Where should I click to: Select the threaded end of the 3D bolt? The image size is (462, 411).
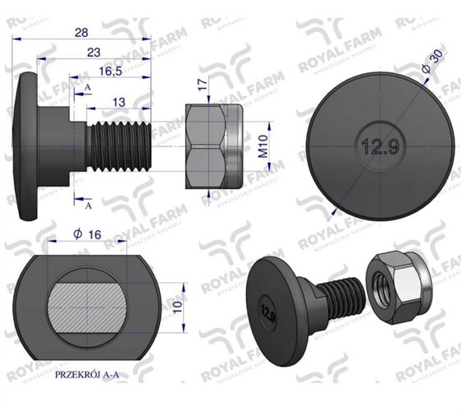click(343, 295)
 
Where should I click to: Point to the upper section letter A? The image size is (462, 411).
click(86, 86)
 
